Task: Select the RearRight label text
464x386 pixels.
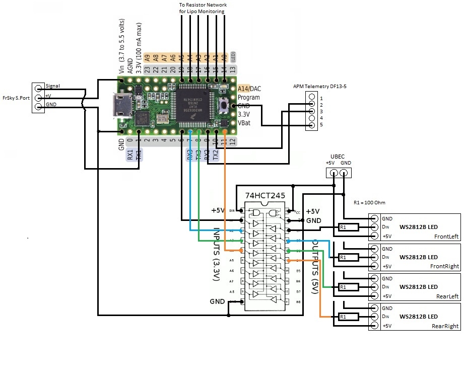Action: pyautogui.click(x=445, y=326)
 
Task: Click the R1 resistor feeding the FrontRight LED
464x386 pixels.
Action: pyautogui.click(x=348, y=257)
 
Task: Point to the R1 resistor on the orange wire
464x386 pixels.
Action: pyautogui.click(x=348, y=317)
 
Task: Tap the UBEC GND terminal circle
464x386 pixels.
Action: pyautogui.click(x=344, y=173)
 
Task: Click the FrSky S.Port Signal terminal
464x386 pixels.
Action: pyautogui.click(x=38, y=87)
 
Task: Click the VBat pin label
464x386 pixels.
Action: pyautogui.click(x=245, y=123)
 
